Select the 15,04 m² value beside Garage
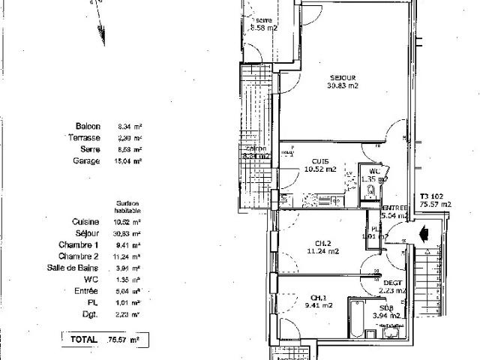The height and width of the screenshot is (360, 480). [130, 160]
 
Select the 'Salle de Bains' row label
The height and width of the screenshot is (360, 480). [77, 268]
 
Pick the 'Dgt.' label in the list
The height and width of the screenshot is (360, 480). [92, 314]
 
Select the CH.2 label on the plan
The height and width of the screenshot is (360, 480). [323, 242]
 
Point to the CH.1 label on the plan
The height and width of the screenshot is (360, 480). [322, 296]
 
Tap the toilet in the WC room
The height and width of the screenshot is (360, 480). [370, 190]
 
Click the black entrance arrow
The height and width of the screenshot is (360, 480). [424, 233]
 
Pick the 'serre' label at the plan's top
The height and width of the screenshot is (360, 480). [263, 19]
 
